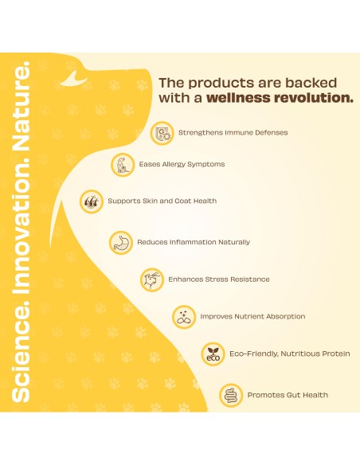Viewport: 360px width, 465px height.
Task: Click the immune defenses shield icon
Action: point(162,133)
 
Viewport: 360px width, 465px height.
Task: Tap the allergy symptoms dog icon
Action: point(123,165)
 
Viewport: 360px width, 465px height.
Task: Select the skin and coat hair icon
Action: point(92,201)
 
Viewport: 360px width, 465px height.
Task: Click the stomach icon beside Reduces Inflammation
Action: point(121,243)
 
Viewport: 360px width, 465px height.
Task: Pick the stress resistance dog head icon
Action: point(152,280)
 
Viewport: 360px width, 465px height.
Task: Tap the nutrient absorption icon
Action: point(184,318)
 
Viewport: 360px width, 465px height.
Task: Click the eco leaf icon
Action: point(213,354)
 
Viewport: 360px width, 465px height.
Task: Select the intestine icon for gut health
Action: point(231,396)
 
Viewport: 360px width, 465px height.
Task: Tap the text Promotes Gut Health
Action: point(288,395)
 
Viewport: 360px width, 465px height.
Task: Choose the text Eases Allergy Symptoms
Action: point(182,165)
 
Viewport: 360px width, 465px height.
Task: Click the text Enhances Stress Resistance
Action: point(219,279)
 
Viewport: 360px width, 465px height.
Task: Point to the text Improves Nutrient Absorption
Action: point(252,317)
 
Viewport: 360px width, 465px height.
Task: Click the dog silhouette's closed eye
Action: point(73,80)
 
